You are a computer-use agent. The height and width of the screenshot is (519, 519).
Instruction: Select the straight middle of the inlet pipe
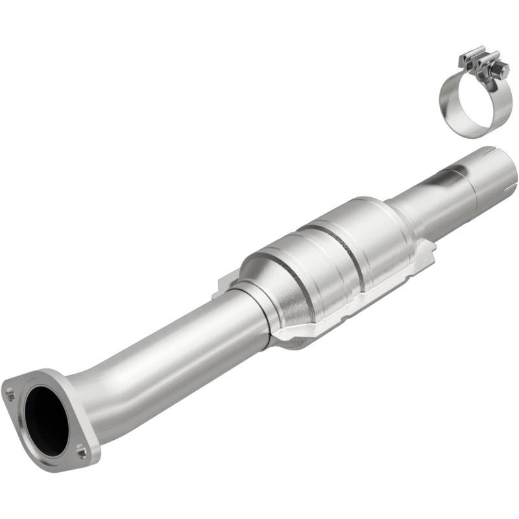pos(175,350)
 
